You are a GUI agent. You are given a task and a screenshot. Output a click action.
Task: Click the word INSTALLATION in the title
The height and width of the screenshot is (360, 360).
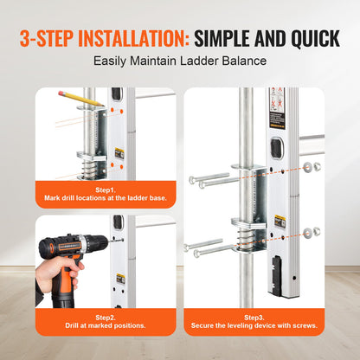coord(131,39)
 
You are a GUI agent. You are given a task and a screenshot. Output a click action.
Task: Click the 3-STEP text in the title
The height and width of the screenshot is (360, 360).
coord(48,39)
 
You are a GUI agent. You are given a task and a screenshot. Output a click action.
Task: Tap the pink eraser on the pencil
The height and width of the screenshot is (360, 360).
coord(61,92)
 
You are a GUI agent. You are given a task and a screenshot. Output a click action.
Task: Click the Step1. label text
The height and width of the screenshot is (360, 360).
coord(106,189)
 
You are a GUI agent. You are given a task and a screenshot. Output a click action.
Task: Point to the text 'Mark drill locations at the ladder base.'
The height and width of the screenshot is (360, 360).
coord(106,198)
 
